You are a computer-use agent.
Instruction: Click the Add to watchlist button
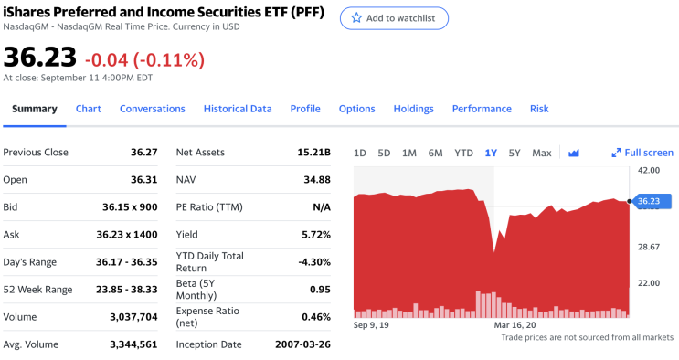394,18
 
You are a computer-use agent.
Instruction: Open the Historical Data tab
238,109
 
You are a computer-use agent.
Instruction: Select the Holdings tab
413,109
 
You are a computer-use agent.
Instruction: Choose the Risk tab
539,109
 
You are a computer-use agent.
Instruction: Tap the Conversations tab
152,109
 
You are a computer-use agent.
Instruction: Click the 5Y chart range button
515,153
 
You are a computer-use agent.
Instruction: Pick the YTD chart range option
463,153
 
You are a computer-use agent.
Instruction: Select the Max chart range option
541,153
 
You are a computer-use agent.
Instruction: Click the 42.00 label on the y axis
648,171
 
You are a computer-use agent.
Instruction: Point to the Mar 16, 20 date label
515,324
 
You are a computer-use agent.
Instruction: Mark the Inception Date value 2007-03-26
302,344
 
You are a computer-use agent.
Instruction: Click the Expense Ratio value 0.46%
315,317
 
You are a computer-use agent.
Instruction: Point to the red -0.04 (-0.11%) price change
144,60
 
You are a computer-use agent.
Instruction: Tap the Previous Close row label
36,153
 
